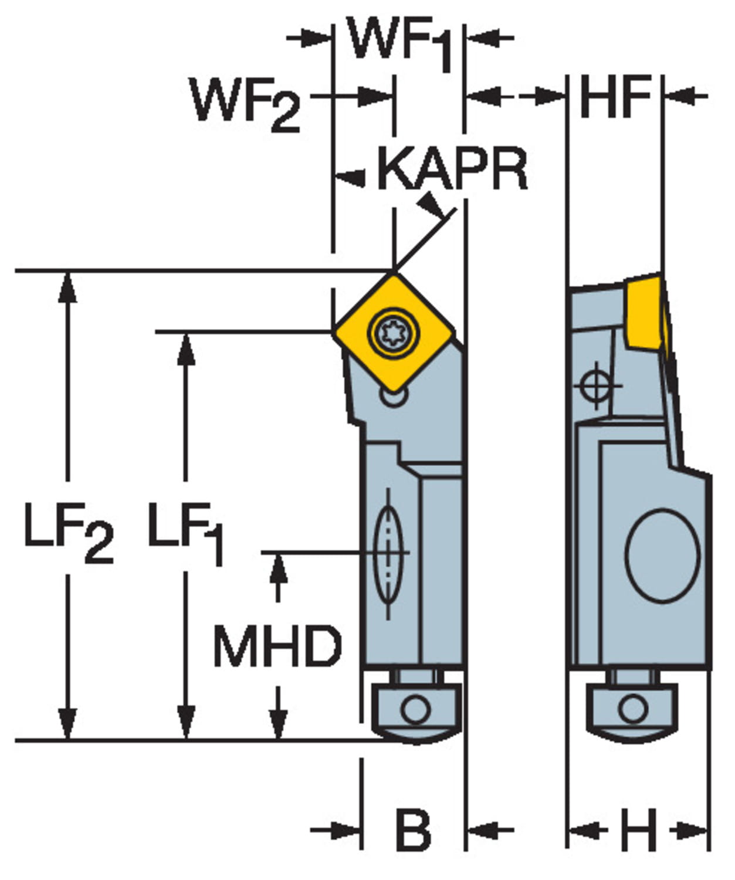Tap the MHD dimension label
tap(277, 645)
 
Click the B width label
tap(413, 830)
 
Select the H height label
tap(638, 830)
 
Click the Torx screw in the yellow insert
tap(393, 333)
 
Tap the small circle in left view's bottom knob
tap(415, 709)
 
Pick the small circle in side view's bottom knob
tap(633, 709)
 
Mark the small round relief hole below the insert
tap(394, 397)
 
